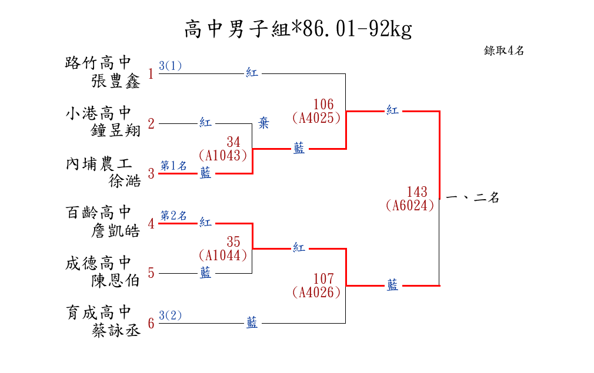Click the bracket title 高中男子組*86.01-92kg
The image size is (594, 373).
tap(298, 28)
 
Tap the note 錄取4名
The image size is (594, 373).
tap(504, 51)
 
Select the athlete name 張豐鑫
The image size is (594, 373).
tap(116, 81)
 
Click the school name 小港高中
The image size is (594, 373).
tap(98, 112)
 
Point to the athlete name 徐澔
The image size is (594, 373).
tap(125, 181)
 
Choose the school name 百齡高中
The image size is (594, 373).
tap(98, 212)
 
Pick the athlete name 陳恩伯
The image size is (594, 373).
tap(116, 281)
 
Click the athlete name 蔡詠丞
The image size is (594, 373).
tap(116, 331)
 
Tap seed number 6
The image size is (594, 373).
tap(151, 324)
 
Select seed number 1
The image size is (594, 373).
tap(151, 74)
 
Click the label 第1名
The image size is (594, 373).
tap(173, 166)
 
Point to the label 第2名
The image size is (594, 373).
tap(173, 216)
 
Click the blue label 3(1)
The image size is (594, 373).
tap(171, 66)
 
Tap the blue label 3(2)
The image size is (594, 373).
tap(171, 315)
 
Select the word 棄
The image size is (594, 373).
tap(264, 123)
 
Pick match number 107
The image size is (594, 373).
tap(323, 279)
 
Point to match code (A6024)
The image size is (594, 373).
tap(410, 205)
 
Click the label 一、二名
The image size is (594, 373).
tap(473, 198)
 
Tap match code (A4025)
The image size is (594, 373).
tap(316, 117)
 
